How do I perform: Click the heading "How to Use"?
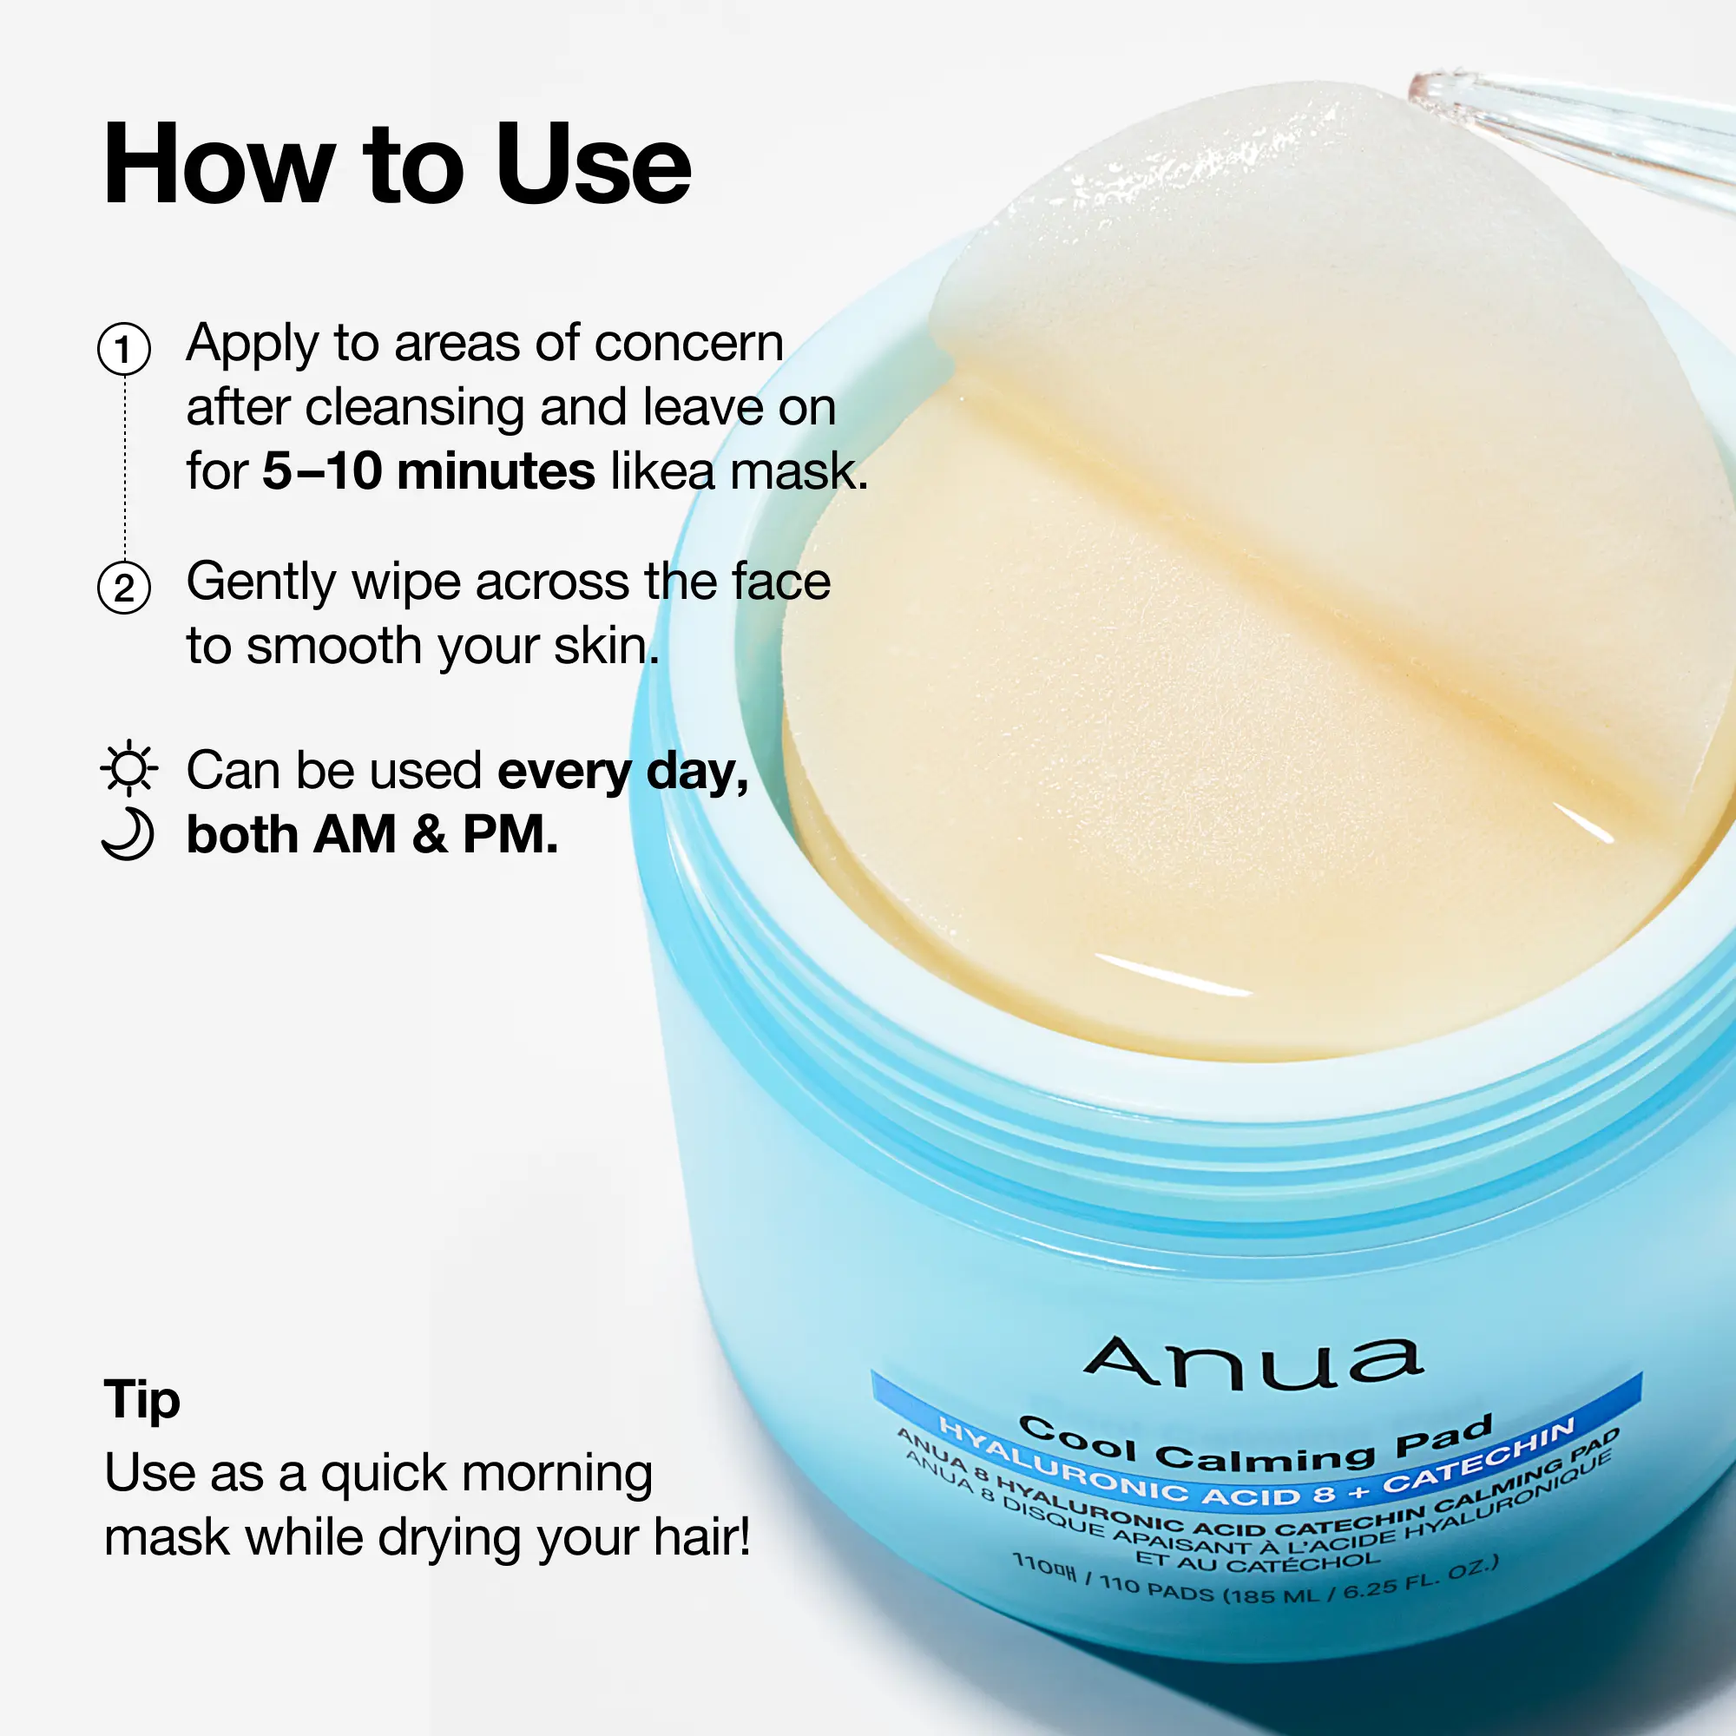pyautogui.click(x=398, y=165)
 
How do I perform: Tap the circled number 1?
pyautogui.click(x=124, y=349)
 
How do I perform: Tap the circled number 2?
pyautogui.click(x=124, y=588)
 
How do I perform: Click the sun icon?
pyautogui.click(x=128, y=768)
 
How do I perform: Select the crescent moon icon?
pyautogui.click(x=128, y=834)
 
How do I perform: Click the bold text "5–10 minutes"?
pyautogui.click(x=429, y=470)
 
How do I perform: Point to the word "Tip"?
pyautogui.click(x=142, y=1399)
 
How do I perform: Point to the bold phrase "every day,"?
pyautogui.click(x=622, y=773)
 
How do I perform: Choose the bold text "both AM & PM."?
pyautogui.click(x=372, y=835)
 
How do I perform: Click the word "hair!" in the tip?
pyautogui.click(x=701, y=1537)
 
